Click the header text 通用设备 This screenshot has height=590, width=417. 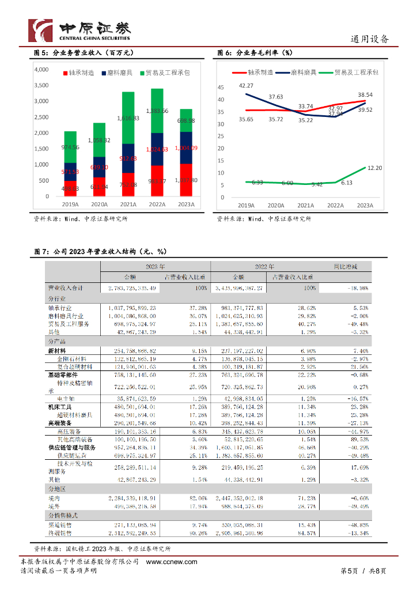370,40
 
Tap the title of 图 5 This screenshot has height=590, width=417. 84,53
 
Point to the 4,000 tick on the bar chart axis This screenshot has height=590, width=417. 42,70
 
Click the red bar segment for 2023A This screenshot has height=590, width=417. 186,180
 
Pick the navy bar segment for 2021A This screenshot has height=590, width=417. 128,158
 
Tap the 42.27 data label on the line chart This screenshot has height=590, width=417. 246,86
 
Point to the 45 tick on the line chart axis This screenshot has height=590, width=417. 219,88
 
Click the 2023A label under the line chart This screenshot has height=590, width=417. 365,206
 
